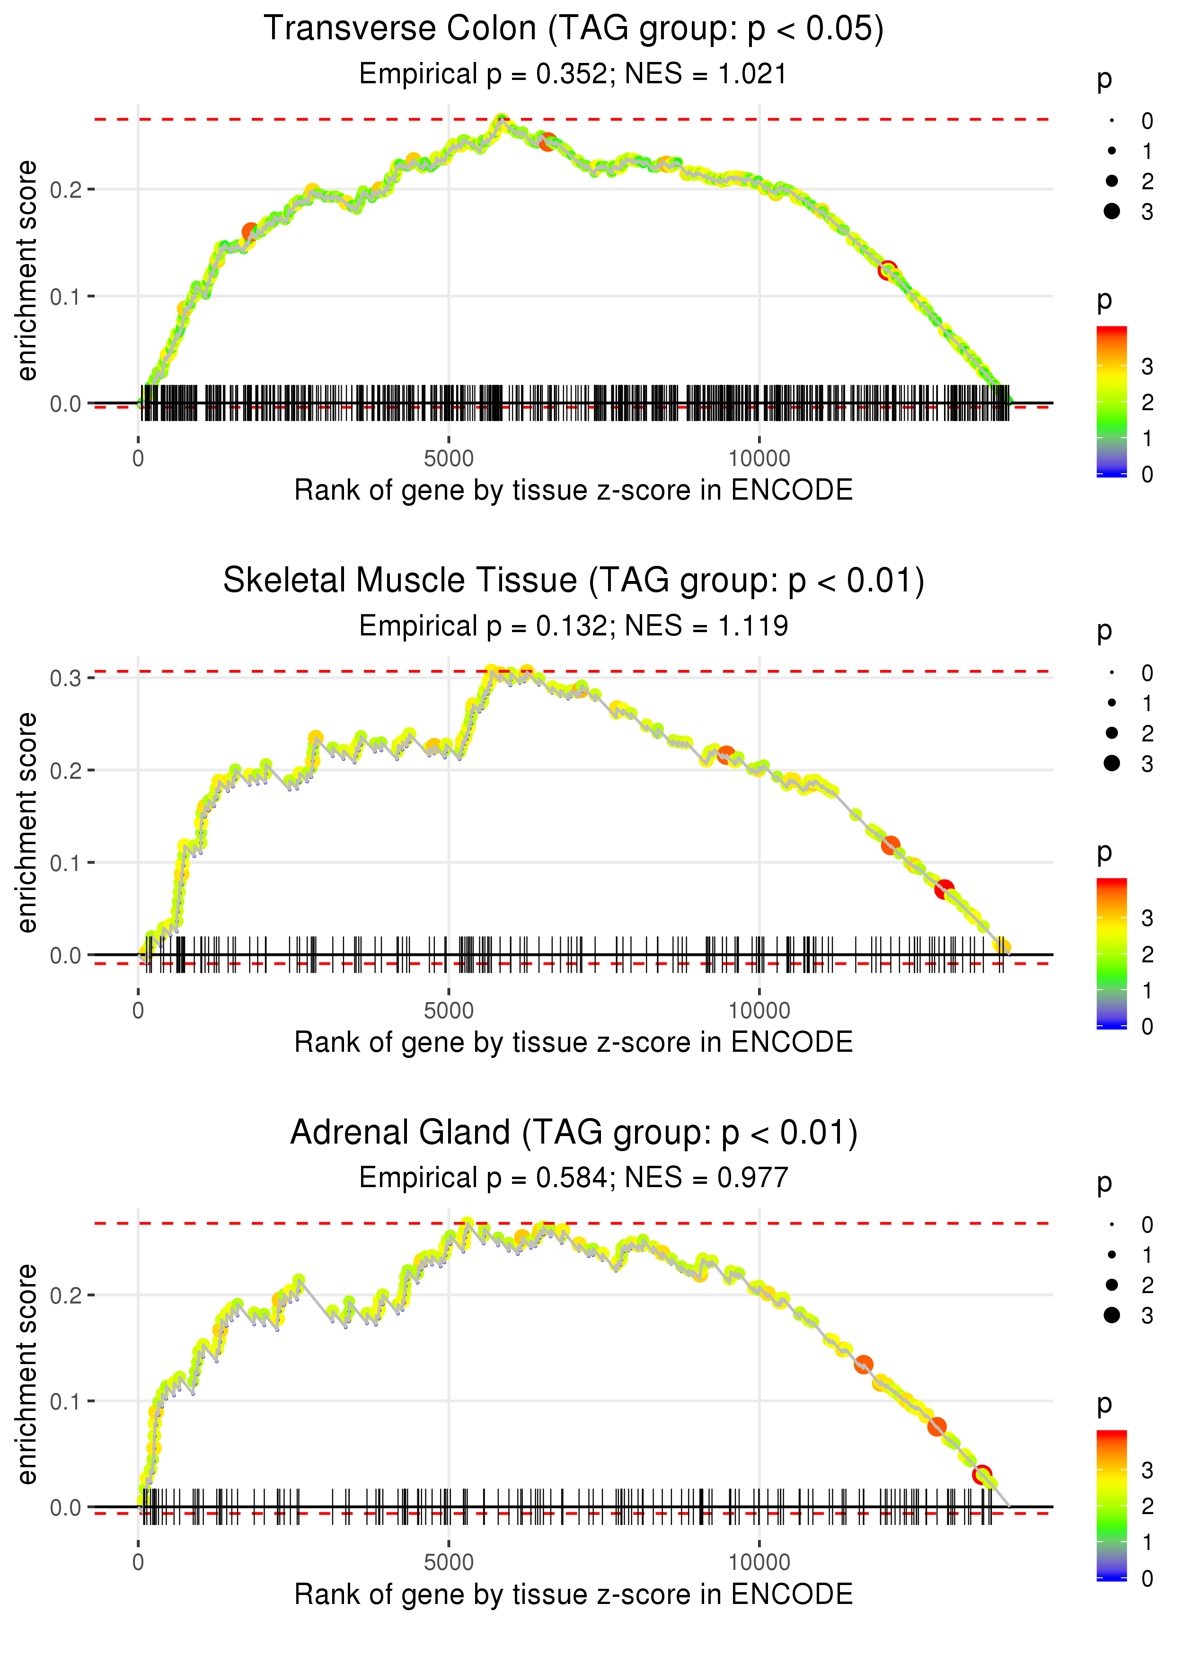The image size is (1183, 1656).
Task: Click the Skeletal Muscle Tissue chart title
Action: click(574, 581)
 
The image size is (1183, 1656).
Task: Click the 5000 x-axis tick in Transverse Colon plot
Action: click(449, 459)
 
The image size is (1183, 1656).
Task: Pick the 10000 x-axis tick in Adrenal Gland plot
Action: click(759, 1563)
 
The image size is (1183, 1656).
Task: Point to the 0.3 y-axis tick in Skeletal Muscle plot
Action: click(65, 678)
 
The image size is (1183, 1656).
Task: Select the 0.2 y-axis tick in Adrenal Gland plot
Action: click(65, 1295)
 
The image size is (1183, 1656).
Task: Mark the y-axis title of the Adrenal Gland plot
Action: click(27, 1374)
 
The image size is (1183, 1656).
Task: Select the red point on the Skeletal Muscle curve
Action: click(945, 889)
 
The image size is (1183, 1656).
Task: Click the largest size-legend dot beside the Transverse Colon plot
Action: click(1112, 211)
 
